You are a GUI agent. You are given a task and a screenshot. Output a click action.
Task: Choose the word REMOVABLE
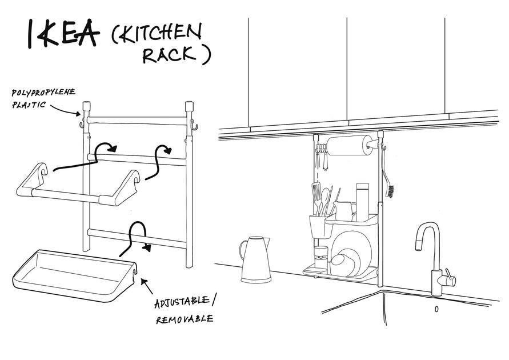click(185, 318)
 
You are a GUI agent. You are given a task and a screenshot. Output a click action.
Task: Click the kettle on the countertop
click(254, 259)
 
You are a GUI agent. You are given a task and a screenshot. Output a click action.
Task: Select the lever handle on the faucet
click(450, 278)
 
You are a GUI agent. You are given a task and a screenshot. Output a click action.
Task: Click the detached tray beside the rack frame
click(74, 274)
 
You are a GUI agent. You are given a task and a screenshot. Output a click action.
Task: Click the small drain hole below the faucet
click(436, 309)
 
